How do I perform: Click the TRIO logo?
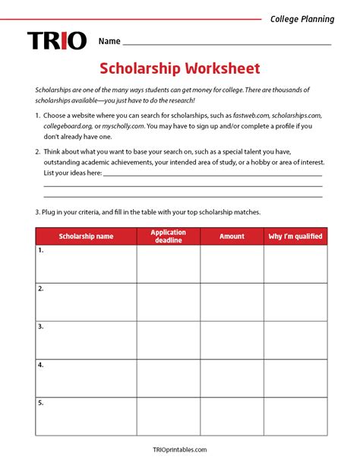click(x=57, y=40)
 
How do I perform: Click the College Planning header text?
click(x=302, y=19)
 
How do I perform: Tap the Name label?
click(x=109, y=41)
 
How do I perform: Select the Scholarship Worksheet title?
click(x=180, y=69)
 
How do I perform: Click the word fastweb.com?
click(x=251, y=115)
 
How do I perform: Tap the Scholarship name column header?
click(x=86, y=236)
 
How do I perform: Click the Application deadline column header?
click(x=169, y=236)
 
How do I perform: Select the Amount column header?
click(x=232, y=236)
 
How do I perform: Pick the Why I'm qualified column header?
click(x=295, y=236)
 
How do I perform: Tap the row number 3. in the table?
click(x=41, y=327)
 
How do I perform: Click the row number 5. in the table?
click(x=41, y=403)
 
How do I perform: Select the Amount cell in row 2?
click(x=232, y=302)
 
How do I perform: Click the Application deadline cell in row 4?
click(x=169, y=378)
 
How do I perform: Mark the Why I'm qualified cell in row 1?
click(x=295, y=264)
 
